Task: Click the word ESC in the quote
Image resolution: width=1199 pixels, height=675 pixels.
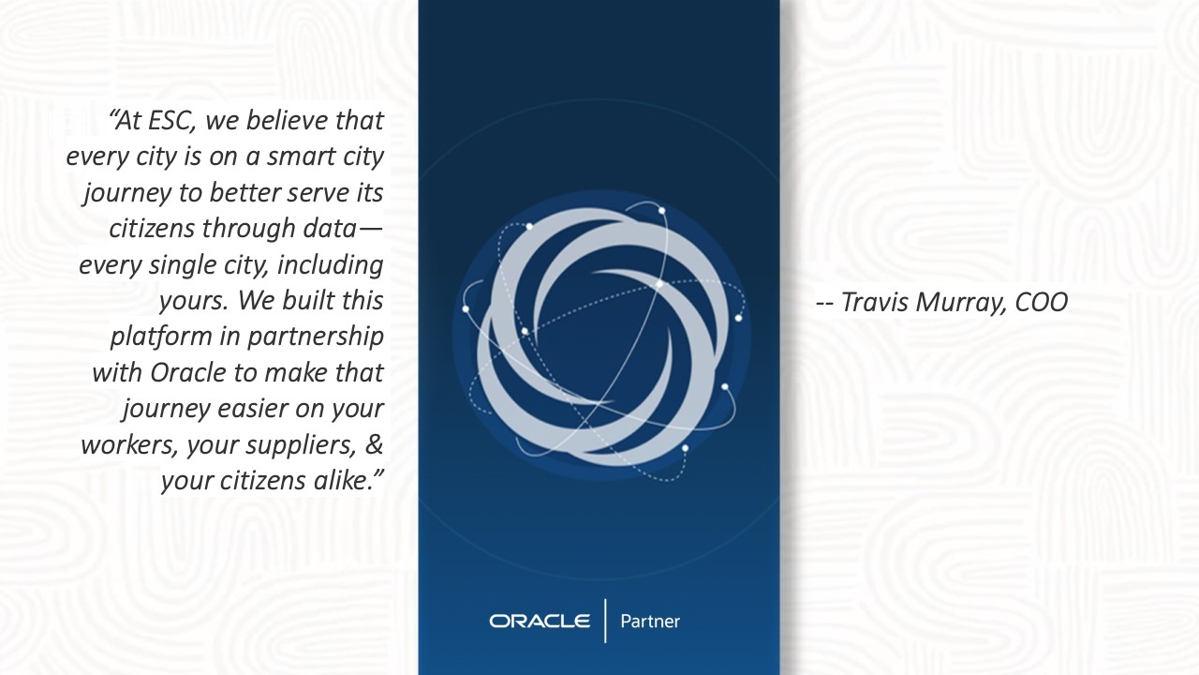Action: [170, 121]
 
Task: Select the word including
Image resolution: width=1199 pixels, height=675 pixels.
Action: [331, 264]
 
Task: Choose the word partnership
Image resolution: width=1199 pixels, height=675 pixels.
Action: [316, 337]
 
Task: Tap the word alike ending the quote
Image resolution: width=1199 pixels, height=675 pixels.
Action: [343, 480]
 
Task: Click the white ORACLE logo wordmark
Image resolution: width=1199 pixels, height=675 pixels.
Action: [540, 621]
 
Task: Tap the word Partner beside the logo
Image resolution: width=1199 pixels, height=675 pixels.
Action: [650, 622]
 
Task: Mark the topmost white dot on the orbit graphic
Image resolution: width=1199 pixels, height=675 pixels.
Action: [661, 211]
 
